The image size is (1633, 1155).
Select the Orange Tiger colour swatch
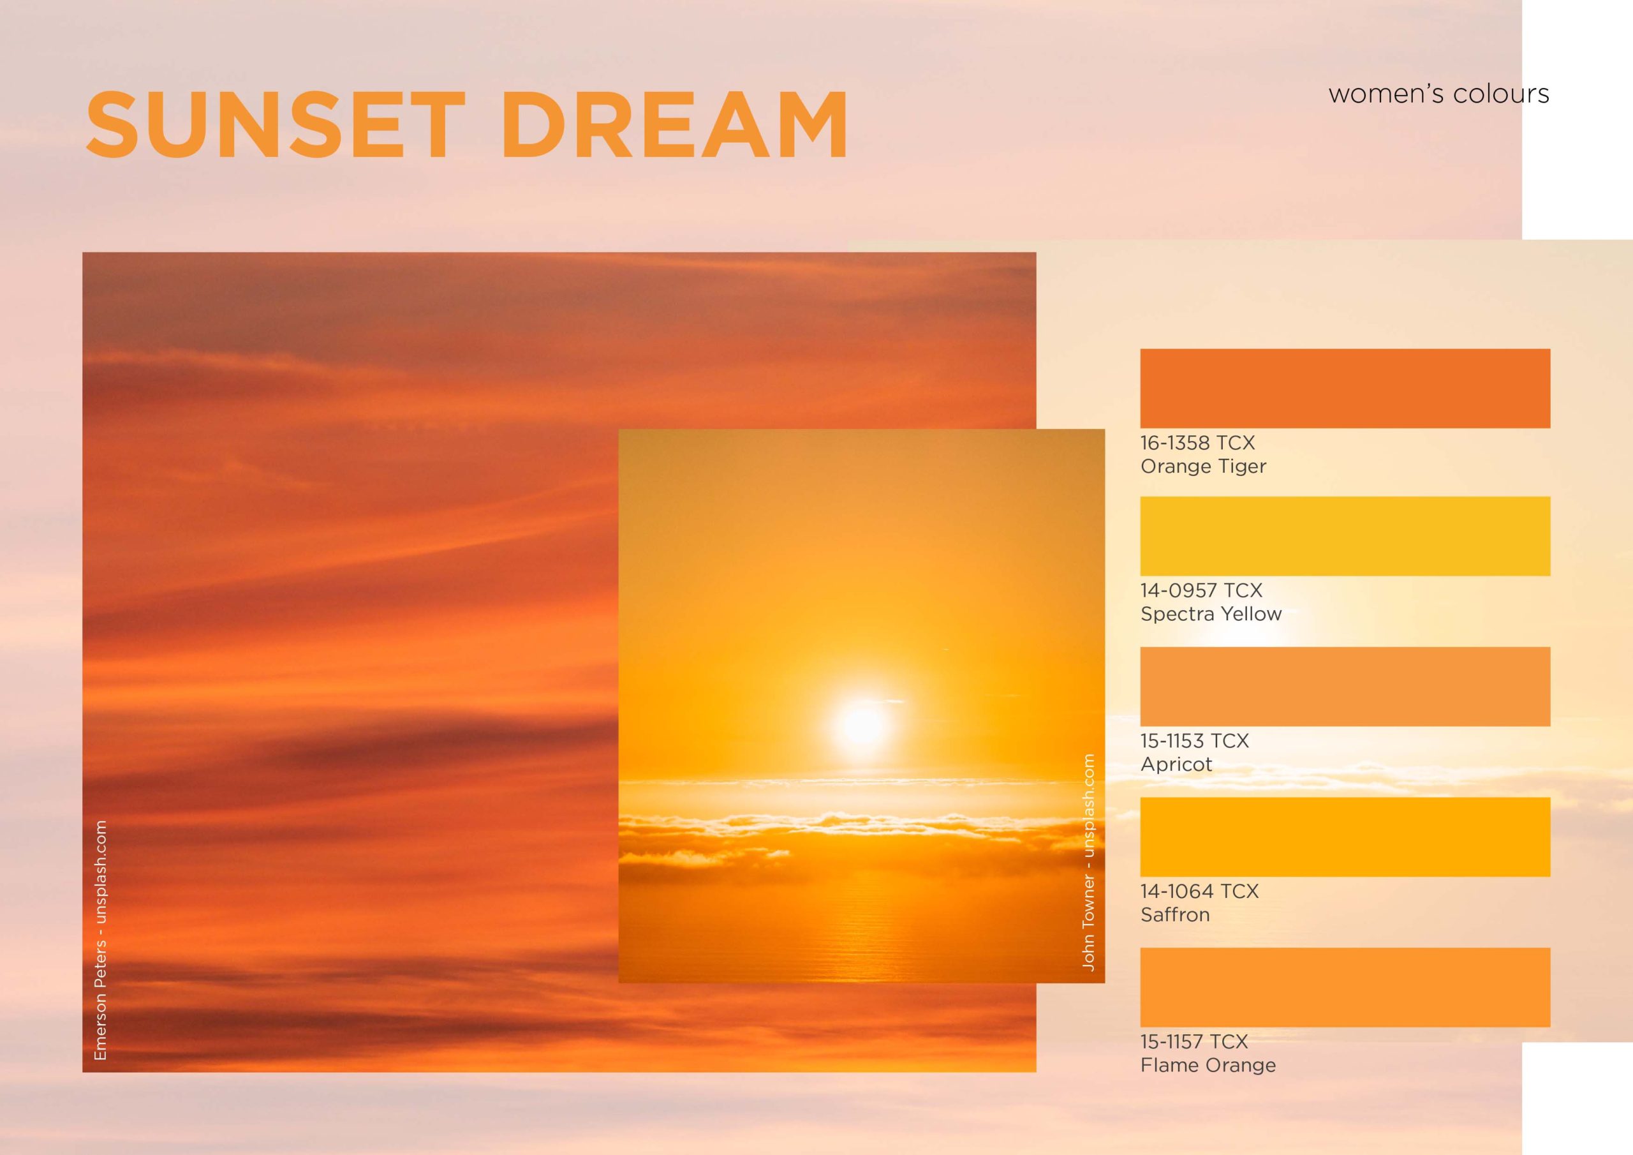pyautogui.click(x=1345, y=389)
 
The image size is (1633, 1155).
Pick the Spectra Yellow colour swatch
pyautogui.click(x=1345, y=536)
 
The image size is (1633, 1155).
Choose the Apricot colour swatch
pyautogui.click(x=1345, y=687)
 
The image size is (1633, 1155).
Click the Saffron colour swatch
pyautogui.click(x=1345, y=837)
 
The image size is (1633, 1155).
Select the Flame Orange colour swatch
pyautogui.click(x=1345, y=987)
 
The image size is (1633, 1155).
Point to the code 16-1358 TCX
pyautogui.click(x=1198, y=443)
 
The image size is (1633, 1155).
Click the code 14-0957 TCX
pyautogui.click(x=1201, y=590)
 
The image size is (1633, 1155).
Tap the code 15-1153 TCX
pyautogui.click(x=1195, y=740)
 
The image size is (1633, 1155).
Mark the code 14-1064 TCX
pyautogui.click(x=1200, y=890)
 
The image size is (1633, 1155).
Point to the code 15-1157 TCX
pyautogui.click(x=1194, y=1041)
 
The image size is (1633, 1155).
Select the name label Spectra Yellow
pyautogui.click(x=1211, y=614)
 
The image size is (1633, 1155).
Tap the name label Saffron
pyautogui.click(x=1175, y=914)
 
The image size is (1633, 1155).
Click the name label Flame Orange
pyautogui.click(x=1208, y=1065)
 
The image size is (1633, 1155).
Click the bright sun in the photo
pyautogui.click(x=861, y=724)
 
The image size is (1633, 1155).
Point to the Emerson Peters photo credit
pyautogui.click(x=100, y=940)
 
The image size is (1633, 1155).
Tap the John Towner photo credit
pyautogui.click(x=1088, y=862)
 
